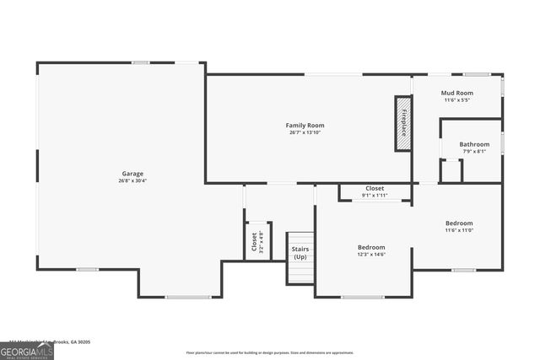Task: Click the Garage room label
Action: point(132,174)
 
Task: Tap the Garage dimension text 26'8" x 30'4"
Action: point(132,181)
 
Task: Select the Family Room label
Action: point(305,125)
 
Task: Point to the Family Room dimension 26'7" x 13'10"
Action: point(305,132)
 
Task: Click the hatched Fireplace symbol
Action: point(403,123)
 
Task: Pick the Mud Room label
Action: point(456,93)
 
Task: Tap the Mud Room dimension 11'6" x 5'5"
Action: point(456,100)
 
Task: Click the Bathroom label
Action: point(474,144)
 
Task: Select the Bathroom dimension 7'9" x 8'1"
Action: point(474,152)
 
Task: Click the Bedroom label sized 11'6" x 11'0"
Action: point(459,223)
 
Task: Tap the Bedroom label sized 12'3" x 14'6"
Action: point(371,247)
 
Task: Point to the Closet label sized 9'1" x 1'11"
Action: point(375,188)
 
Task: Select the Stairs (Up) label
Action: point(300,252)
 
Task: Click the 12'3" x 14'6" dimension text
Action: point(371,255)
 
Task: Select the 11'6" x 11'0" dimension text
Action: point(459,230)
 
